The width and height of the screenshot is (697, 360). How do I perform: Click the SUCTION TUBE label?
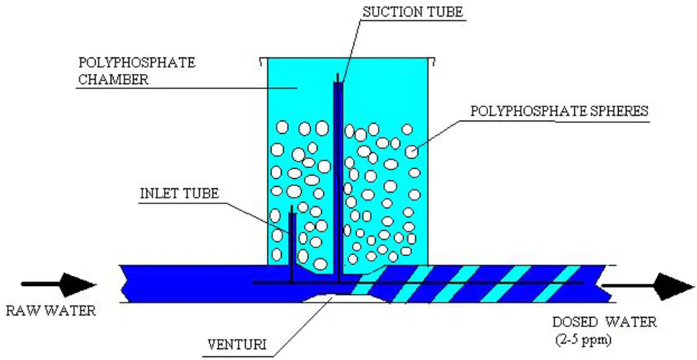(413, 12)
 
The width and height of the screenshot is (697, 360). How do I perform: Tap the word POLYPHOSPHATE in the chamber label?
(137, 63)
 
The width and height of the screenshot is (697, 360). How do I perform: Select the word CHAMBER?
(113, 80)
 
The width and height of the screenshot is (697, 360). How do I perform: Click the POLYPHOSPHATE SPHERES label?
(559, 111)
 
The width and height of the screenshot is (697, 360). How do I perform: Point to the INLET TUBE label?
(179, 194)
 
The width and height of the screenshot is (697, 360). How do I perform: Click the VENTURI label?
(237, 345)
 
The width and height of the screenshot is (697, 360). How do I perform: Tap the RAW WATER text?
(51, 310)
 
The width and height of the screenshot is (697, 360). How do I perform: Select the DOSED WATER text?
(604, 322)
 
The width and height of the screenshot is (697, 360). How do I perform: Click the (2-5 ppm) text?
(583, 340)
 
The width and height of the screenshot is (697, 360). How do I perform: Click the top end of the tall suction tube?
(338, 74)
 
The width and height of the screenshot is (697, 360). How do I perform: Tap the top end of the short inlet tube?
(292, 206)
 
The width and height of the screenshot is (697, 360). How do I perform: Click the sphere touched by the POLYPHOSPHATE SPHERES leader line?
(411, 152)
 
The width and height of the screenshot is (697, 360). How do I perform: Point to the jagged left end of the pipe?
(125, 284)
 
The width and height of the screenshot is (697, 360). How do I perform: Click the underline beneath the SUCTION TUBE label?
(413, 20)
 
